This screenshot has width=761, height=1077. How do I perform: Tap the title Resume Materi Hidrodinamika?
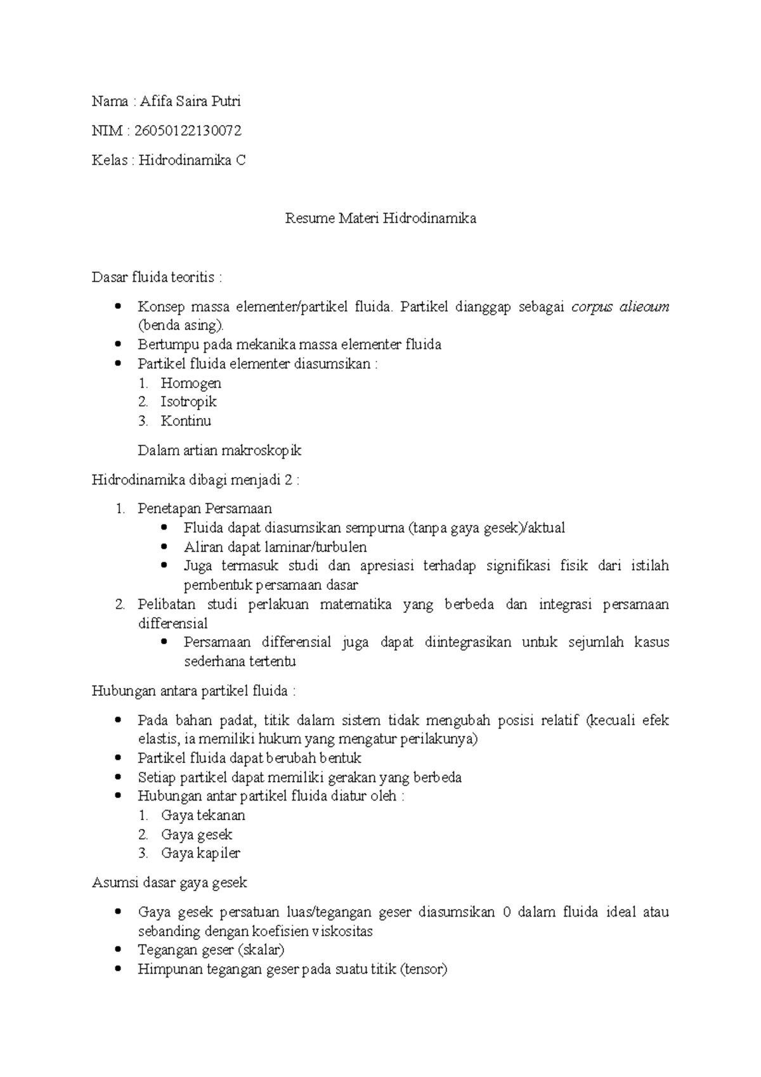380,219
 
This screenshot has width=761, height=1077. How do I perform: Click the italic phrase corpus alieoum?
620,307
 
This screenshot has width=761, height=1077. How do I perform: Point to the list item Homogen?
191,383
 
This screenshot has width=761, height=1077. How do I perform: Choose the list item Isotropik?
188,401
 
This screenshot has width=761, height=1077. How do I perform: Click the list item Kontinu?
186,421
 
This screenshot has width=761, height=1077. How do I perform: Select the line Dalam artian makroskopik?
219,451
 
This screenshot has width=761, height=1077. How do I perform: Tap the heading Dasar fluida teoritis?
157,277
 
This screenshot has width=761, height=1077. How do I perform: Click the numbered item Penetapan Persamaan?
205,509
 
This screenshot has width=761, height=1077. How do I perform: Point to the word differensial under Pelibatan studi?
172,623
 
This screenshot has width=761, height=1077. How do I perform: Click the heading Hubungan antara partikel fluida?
194,691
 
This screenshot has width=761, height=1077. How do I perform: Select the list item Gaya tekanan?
203,815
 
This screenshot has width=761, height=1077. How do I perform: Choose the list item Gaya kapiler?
200,853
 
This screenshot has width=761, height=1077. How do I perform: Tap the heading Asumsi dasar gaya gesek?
169,882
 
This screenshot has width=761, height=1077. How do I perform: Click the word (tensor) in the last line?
424,969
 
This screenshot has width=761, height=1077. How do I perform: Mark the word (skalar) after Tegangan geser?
261,950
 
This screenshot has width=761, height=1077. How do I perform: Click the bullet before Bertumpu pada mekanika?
118,344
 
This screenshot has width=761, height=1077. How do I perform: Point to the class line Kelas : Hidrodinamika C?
169,160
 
